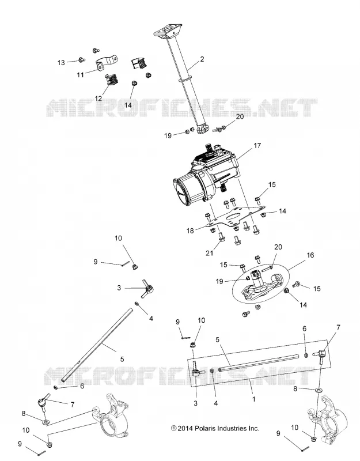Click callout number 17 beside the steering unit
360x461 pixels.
pyautogui.click(x=257, y=146)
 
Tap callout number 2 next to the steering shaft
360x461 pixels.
pyautogui.click(x=202, y=59)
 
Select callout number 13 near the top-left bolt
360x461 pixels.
pyautogui.click(x=61, y=63)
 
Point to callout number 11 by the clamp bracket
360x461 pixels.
pyautogui.click(x=80, y=75)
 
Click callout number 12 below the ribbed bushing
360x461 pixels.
pyautogui.click(x=98, y=98)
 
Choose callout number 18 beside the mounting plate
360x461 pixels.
pyautogui.click(x=190, y=231)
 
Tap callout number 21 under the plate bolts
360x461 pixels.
pyautogui.click(x=209, y=253)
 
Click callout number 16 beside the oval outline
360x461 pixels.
pyautogui.click(x=310, y=255)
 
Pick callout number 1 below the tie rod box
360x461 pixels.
pyautogui.click(x=253, y=399)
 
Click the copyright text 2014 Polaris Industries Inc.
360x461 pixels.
pyautogui.click(x=215, y=428)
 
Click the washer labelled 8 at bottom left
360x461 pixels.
pyautogui.click(x=46, y=422)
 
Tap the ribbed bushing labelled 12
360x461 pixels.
pyautogui.click(x=111, y=80)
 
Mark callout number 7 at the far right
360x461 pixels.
pyautogui.click(x=338, y=327)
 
